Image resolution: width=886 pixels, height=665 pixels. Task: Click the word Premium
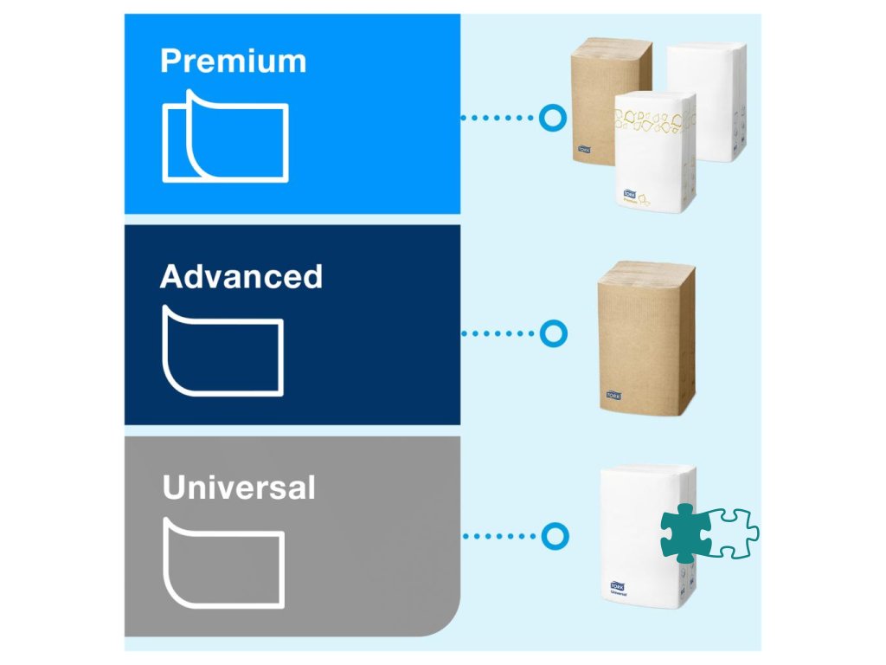(233, 62)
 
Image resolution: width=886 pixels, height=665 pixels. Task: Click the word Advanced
(241, 277)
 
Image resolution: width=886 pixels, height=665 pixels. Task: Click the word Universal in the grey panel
(239, 488)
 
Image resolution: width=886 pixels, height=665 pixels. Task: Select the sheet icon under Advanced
(223, 350)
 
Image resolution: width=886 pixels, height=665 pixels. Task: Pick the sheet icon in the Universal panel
(223, 562)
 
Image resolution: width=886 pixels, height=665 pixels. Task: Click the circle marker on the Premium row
(552, 118)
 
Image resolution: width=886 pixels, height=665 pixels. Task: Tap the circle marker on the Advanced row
(552, 333)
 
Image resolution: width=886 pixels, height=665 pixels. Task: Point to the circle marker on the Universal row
(552, 536)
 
